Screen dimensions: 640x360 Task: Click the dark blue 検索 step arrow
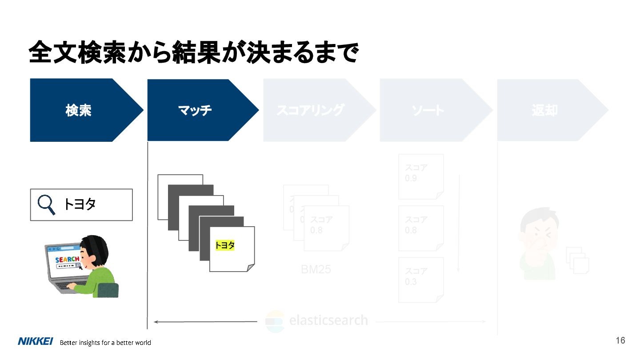tap(79, 110)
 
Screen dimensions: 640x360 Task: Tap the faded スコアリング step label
tap(310, 110)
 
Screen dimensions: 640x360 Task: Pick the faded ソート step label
tap(428, 110)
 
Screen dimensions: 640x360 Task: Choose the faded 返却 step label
tap(544, 110)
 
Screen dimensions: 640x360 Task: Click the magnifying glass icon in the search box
tap(46, 204)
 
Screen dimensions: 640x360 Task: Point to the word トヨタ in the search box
tap(80, 204)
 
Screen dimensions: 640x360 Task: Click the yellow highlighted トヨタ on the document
tap(225, 245)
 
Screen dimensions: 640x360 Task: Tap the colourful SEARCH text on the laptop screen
tap(67, 259)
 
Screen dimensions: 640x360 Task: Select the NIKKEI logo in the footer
tap(36, 341)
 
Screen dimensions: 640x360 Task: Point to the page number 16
tap(620, 340)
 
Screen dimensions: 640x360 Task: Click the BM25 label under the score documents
tap(316, 269)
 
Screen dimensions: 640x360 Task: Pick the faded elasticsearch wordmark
tap(328, 320)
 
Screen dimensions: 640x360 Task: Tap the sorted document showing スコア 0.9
tap(421, 176)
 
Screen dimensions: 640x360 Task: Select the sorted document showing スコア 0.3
tap(421, 280)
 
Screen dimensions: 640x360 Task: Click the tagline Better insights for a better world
tap(105, 343)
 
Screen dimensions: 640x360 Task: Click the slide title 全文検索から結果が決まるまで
tap(193, 53)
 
